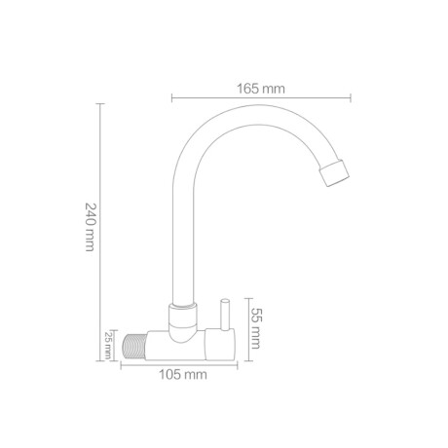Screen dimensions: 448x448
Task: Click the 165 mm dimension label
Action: point(261,89)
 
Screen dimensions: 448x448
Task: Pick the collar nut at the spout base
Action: point(180,315)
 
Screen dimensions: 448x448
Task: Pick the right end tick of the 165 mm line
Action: point(351,96)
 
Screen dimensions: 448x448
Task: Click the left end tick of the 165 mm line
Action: point(172,96)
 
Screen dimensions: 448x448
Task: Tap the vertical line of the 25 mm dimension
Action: point(119,345)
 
